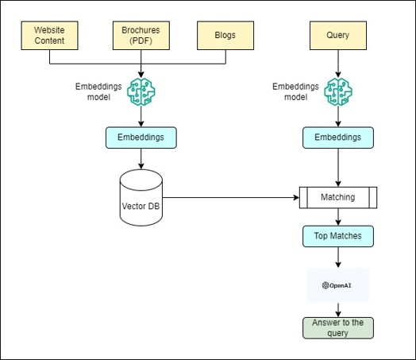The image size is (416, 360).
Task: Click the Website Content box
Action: (49, 36)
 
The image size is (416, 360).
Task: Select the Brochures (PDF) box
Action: (141, 36)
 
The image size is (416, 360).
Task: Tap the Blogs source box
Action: (225, 36)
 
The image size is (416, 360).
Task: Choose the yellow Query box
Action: (338, 36)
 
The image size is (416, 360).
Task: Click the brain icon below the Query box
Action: (338, 92)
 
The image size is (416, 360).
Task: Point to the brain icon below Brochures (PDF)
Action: (141, 92)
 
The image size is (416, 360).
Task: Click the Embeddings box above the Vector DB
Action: (141, 137)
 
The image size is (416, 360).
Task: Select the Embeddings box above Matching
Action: (338, 137)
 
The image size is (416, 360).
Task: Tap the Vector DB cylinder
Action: (141, 198)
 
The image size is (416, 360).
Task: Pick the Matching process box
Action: (338, 198)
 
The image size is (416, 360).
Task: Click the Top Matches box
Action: (338, 236)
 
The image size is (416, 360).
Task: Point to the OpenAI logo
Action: (337, 285)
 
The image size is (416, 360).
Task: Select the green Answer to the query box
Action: (338, 328)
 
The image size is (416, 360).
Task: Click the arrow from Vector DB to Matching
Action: (231, 198)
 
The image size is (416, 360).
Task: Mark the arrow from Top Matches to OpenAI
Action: (338, 257)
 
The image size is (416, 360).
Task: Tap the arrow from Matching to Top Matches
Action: (338, 217)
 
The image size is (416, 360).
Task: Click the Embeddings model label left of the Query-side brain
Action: (295, 92)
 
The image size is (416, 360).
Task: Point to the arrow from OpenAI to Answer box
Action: (338, 310)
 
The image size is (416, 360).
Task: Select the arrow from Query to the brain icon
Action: (338, 64)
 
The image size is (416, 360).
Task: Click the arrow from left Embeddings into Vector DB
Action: (141, 159)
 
